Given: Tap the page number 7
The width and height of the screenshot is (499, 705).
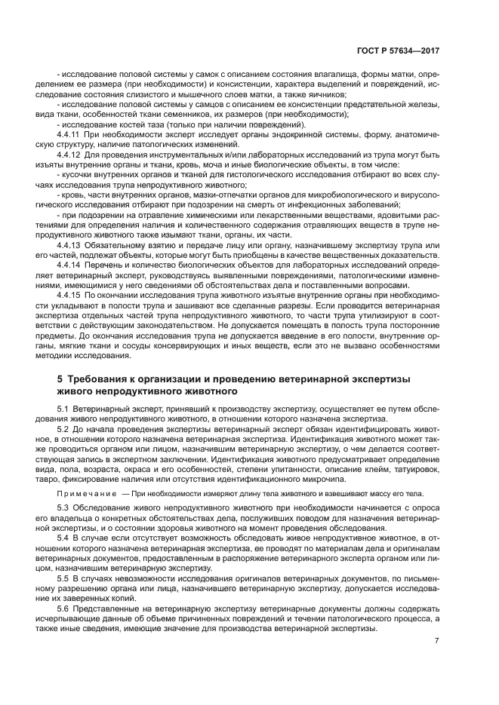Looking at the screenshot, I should pos(437,642).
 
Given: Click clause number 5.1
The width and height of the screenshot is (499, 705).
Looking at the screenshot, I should pos(64,408).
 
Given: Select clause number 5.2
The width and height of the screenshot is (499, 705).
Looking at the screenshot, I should pos(64,428).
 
